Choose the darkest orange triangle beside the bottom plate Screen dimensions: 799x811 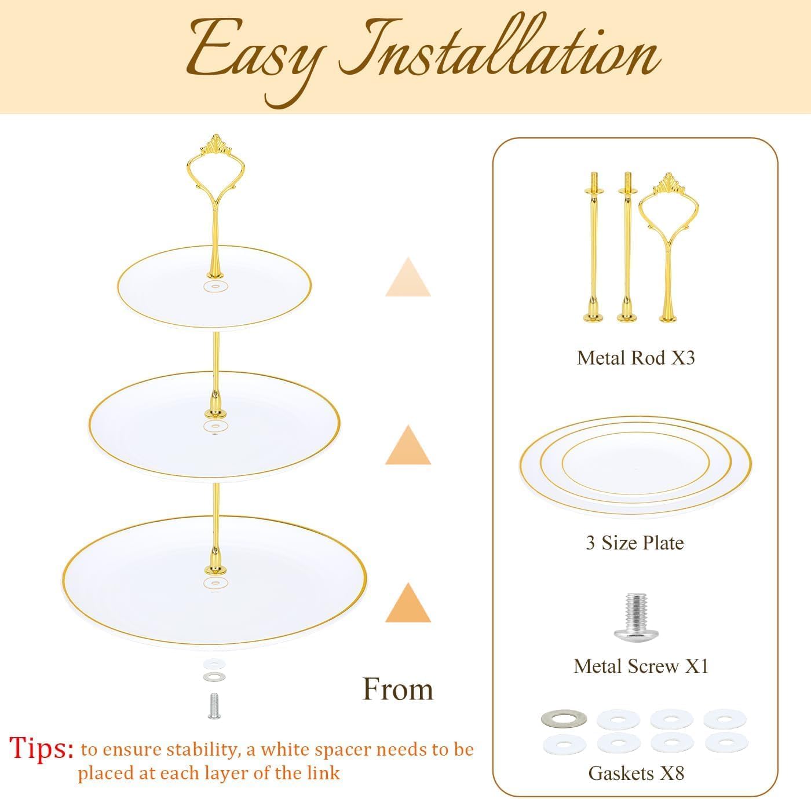click(408, 604)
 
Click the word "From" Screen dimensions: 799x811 click(398, 690)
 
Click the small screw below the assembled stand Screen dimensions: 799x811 click(214, 706)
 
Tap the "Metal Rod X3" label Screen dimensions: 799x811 click(635, 358)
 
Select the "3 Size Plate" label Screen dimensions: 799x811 click(634, 543)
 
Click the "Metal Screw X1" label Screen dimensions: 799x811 click(641, 666)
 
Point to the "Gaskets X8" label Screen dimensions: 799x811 click(636, 773)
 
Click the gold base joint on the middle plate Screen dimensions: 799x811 click(215, 405)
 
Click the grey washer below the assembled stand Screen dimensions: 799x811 click(214, 676)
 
